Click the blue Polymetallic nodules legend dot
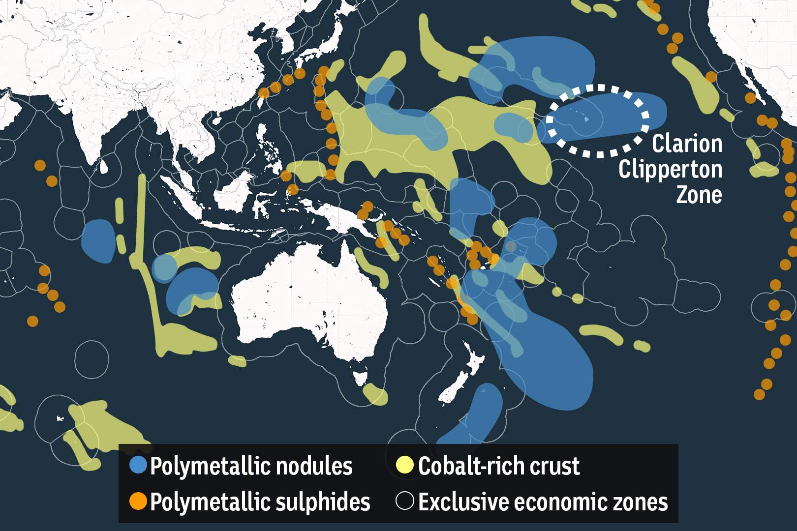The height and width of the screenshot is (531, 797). (x=138, y=465)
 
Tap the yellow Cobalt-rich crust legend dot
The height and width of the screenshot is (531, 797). (x=405, y=465)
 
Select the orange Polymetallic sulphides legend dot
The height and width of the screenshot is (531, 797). (x=138, y=501)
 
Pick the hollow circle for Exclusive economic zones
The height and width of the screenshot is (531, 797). (x=405, y=501)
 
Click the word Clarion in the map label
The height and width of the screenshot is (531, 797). (x=687, y=144)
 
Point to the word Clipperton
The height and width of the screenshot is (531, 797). (x=670, y=170)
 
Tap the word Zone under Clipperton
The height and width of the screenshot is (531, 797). (x=699, y=195)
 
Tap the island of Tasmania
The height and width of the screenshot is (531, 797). (x=361, y=378)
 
